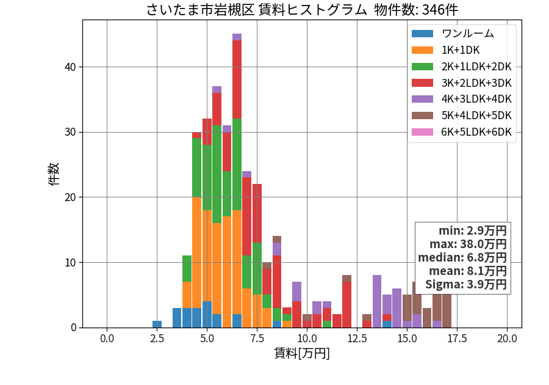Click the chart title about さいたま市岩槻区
302,9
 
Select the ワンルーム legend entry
453,34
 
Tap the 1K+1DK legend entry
446,50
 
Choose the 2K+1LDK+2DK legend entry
462,66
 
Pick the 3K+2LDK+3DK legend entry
462,82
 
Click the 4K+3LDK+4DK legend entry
462,99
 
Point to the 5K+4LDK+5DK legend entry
462,116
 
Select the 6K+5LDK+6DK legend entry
462,132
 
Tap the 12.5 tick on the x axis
357,339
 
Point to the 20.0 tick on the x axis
507,339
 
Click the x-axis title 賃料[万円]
302,353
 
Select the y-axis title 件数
54,174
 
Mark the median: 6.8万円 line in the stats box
462,258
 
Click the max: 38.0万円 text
468,244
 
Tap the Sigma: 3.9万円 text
466,284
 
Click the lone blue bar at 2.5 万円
157,324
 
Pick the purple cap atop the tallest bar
237,37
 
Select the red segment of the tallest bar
237,79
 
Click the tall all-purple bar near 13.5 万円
377,301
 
